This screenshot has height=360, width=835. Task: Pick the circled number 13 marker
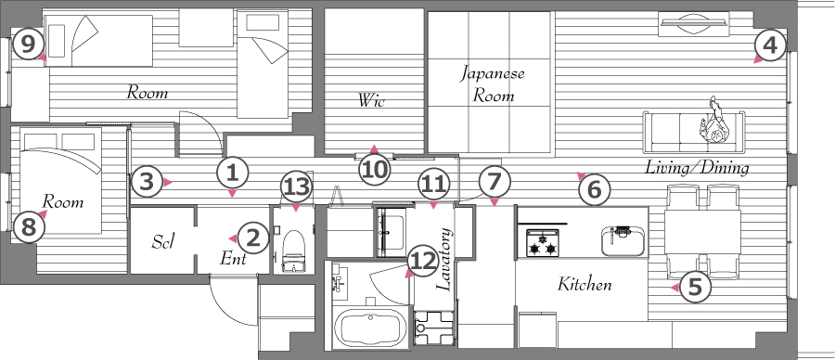tap(297, 186)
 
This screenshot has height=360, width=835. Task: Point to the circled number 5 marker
tap(697, 288)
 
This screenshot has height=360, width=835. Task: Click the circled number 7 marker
tap(494, 182)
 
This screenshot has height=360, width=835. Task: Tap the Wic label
tap(372, 100)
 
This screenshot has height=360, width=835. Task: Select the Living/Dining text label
tap(697, 168)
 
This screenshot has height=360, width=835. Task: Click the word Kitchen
tap(584, 284)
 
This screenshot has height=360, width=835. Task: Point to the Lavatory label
tap(443, 260)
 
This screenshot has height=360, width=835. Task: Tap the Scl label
tap(164, 242)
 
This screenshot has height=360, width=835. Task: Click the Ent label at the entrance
tap(234, 260)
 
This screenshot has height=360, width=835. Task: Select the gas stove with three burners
tap(542, 242)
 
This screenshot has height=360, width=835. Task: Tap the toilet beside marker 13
tap(292, 251)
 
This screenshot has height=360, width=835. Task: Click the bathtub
tap(371, 328)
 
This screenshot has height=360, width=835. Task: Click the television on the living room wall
tap(693, 24)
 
